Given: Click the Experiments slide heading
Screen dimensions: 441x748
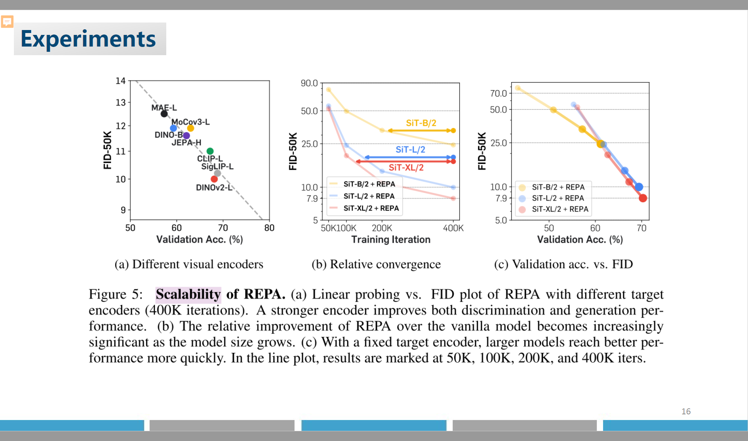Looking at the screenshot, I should pos(88,39).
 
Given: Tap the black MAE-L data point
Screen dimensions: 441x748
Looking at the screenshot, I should pos(164,114).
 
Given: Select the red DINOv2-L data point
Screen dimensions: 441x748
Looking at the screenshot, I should pos(214,179).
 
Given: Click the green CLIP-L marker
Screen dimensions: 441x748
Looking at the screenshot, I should pos(210,151).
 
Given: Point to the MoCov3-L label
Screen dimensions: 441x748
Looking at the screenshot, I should pos(190,122).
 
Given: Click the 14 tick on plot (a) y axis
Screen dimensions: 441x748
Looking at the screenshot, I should pos(120,81).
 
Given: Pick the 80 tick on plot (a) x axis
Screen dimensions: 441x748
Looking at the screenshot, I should pos(269,228).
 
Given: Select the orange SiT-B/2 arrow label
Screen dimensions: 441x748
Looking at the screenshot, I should pos(421,123).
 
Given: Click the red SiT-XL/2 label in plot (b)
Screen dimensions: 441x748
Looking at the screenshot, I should pos(406,167).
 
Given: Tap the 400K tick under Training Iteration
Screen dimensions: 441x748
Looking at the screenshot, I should pos(453,228).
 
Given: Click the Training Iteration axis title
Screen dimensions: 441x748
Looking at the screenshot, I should pos(391,239).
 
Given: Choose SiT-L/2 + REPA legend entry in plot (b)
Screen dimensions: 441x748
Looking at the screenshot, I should pos(369,196).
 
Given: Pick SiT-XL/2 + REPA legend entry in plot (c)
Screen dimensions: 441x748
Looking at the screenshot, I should pos(560,209).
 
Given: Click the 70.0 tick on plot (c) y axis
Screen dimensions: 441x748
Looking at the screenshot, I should pos(498,93).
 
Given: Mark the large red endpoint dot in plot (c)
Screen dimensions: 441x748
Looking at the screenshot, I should pos(643,198).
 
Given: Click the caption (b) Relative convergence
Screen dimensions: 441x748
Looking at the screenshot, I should pos(376,264).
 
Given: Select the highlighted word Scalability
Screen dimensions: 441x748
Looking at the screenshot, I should pos(188,294).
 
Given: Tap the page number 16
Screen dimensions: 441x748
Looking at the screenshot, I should pos(686,411).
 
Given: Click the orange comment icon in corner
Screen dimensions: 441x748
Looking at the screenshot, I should pos(7,22).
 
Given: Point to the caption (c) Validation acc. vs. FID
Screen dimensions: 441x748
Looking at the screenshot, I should pos(563,264).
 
